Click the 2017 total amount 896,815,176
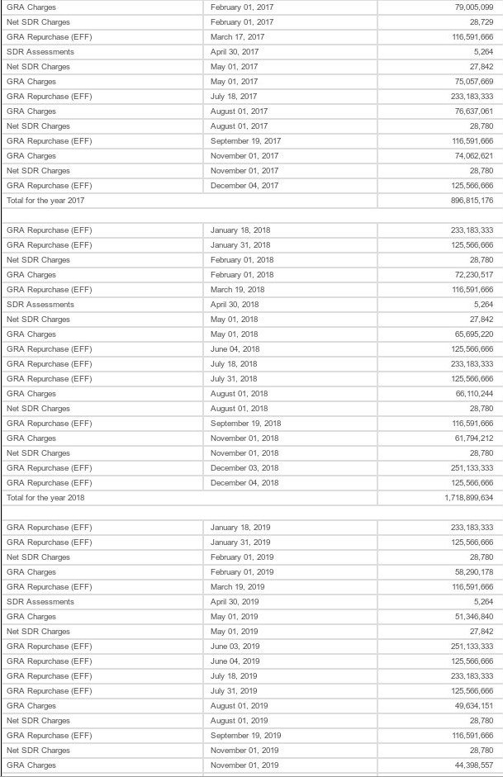click(467, 201)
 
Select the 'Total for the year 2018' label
click(45, 498)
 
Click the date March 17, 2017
click(238, 37)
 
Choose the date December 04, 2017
click(244, 186)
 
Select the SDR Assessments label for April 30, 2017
click(40, 52)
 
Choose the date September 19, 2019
click(246, 736)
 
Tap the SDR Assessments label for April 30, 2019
click(40, 602)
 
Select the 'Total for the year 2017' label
click(45, 201)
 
